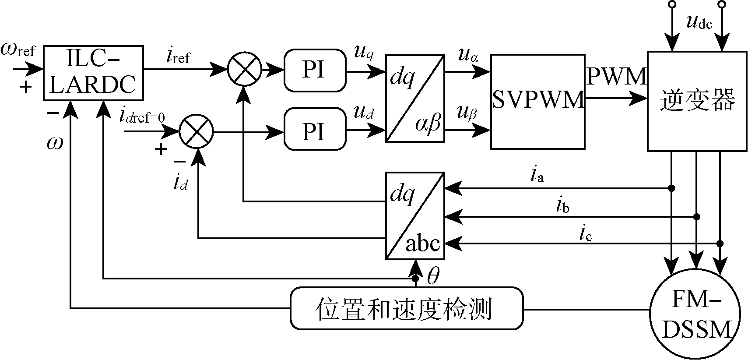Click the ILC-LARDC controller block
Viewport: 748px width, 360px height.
pyautogui.click(x=93, y=73)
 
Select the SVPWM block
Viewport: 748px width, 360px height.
pyautogui.click(x=537, y=102)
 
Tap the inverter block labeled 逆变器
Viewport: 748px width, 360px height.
pyautogui.click(x=697, y=102)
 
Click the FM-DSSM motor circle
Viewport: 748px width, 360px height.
pyautogui.click(x=695, y=314)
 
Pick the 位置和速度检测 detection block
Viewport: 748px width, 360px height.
pyautogui.click(x=407, y=308)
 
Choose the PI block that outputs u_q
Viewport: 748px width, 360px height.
pyautogui.click(x=315, y=70)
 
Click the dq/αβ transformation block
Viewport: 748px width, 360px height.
pyautogui.click(x=415, y=99)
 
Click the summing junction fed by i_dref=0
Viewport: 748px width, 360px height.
pyautogui.click(x=196, y=131)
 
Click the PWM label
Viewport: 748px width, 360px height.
pyautogui.click(x=616, y=77)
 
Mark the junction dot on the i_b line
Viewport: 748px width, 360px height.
pyautogui.click(x=697, y=216)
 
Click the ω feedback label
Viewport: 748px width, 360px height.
pyautogui.click(x=55, y=143)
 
